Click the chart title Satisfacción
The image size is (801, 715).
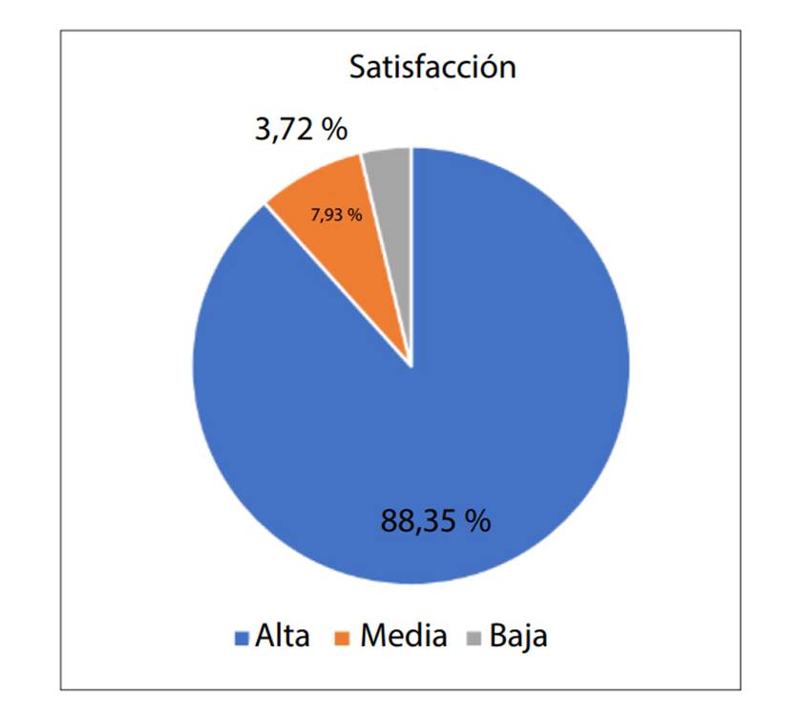pos(432,68)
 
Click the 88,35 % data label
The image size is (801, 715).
pos(435,521)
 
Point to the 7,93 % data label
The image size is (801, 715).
pos(336,215)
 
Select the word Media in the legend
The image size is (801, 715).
pos(403,636)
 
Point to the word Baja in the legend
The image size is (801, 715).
pos(518,636)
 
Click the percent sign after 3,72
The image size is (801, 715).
pos(333,129)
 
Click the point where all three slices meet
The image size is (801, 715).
pos(411,365)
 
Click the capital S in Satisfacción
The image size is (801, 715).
pos(357,68)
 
